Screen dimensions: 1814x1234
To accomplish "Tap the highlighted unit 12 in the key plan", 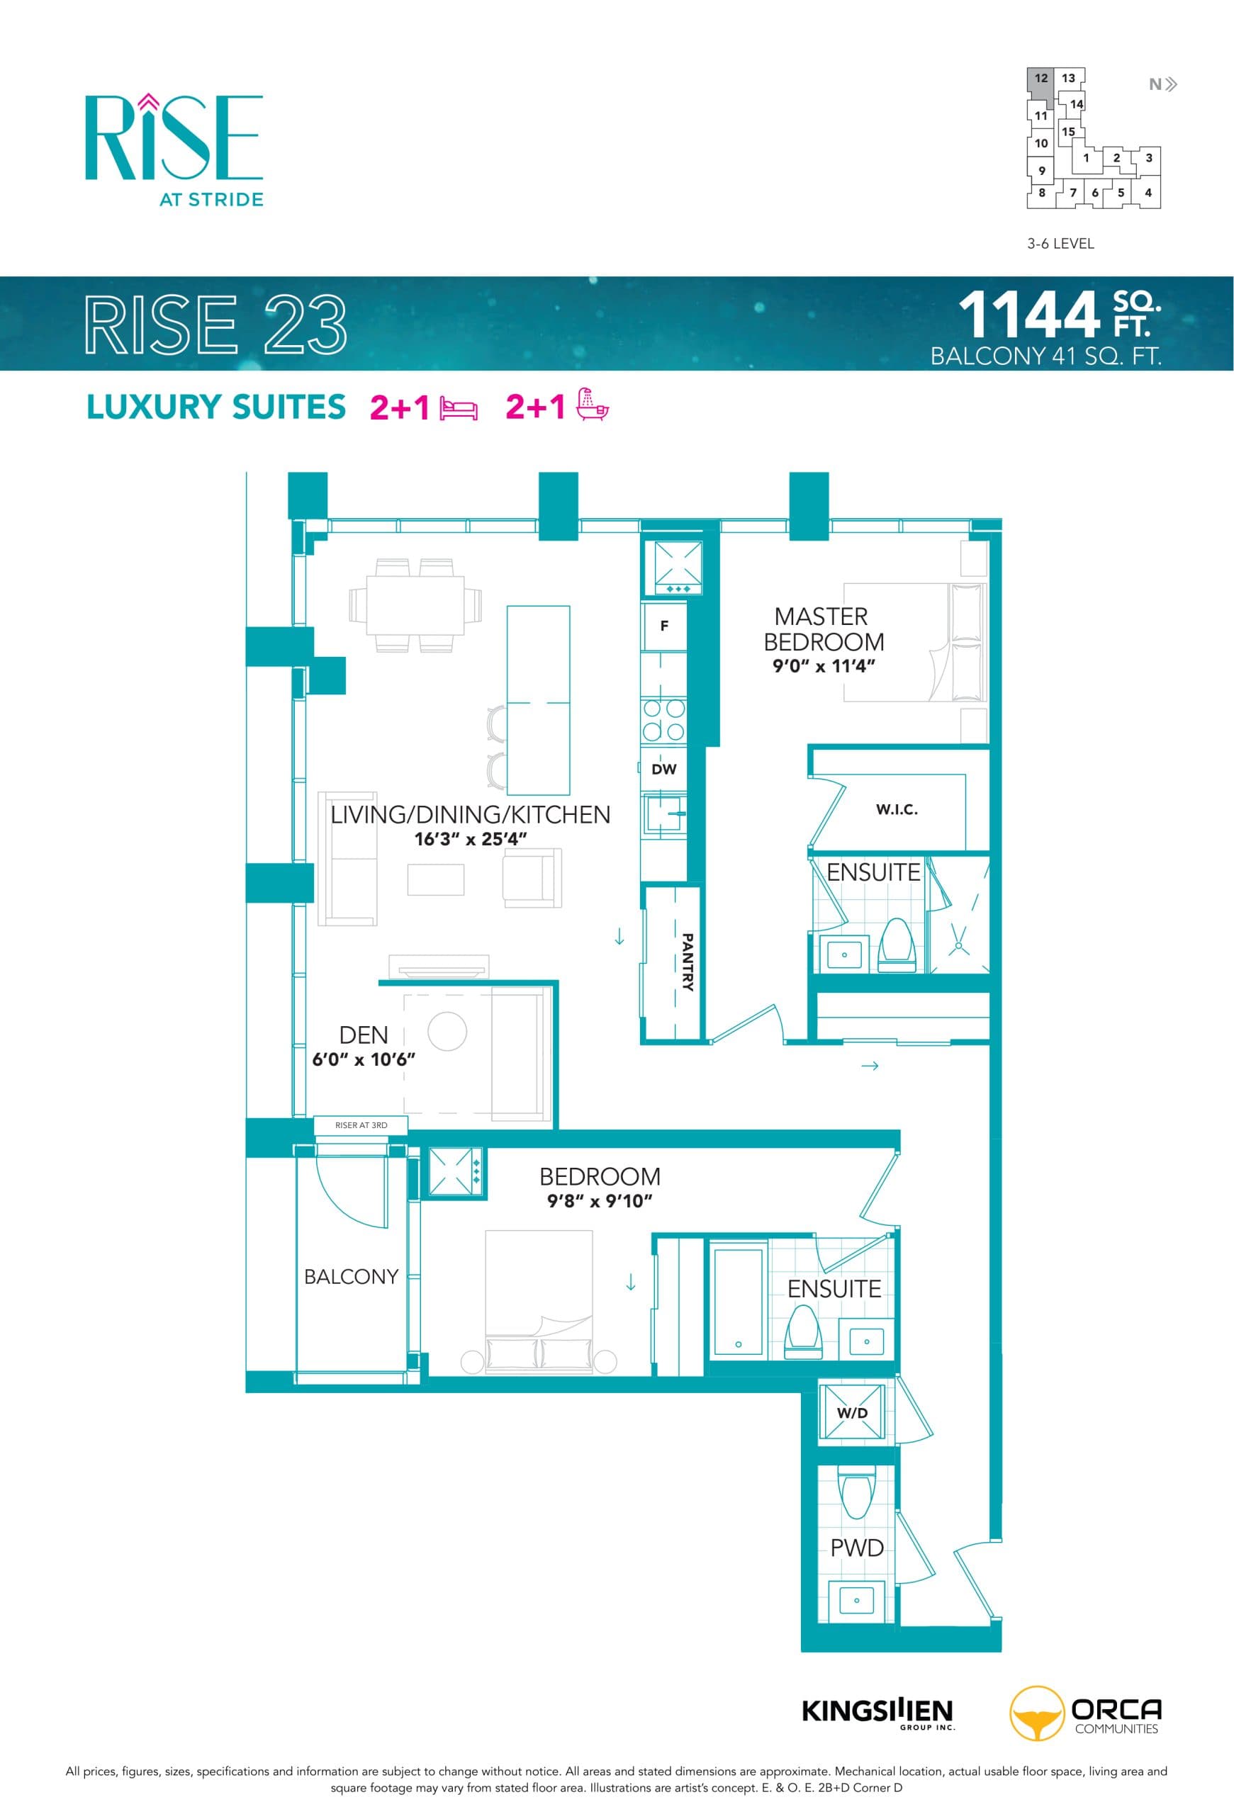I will click(x=1041, y=79).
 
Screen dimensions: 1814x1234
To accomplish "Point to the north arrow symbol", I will click(x=1162, y=84).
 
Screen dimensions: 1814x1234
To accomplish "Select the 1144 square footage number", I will click(x=1028, y=315).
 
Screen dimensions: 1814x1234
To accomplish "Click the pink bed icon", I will click(x=459, y=408).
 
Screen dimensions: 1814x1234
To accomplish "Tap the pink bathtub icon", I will click(x=593, y=405).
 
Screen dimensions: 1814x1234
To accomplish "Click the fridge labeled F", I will click(x=663, y=625).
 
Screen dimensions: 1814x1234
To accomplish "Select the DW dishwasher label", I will click(x=663, y=769).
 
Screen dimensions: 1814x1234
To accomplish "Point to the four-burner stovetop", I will click(x=663, y=720).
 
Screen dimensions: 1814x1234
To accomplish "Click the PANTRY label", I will click(x=687, y=962).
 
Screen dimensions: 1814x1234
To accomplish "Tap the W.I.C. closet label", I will click(x=896, y=809).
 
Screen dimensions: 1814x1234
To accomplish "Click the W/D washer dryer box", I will click(x=851, y=1413).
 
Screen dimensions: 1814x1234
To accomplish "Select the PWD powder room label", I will click(x=856, y=1547).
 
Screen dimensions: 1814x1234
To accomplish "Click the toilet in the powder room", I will click(x=856, y=1494).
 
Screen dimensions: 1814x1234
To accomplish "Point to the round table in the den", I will click(x=447, y=1031).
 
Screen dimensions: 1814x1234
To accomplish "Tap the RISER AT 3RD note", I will click(x=361, y=1125).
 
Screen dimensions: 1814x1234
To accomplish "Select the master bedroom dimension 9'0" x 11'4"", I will click(x=824, y=666).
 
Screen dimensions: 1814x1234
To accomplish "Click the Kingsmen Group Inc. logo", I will click(x=877, y=1712).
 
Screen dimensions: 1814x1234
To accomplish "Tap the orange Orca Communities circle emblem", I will click(x=1036, y=1714).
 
